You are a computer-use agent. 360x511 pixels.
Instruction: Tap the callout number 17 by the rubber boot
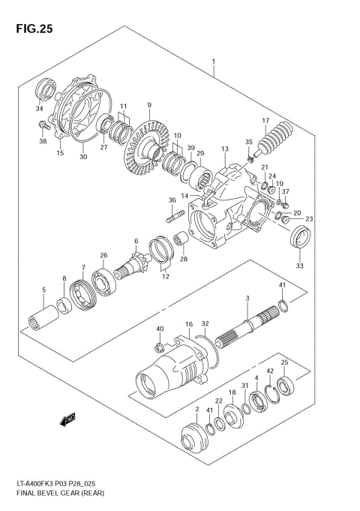point(265,121)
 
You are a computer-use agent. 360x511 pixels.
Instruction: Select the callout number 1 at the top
point(214,62)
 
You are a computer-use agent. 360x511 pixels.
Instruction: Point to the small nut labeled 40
point(160,346)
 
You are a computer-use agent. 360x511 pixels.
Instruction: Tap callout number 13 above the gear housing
point(223,150)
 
